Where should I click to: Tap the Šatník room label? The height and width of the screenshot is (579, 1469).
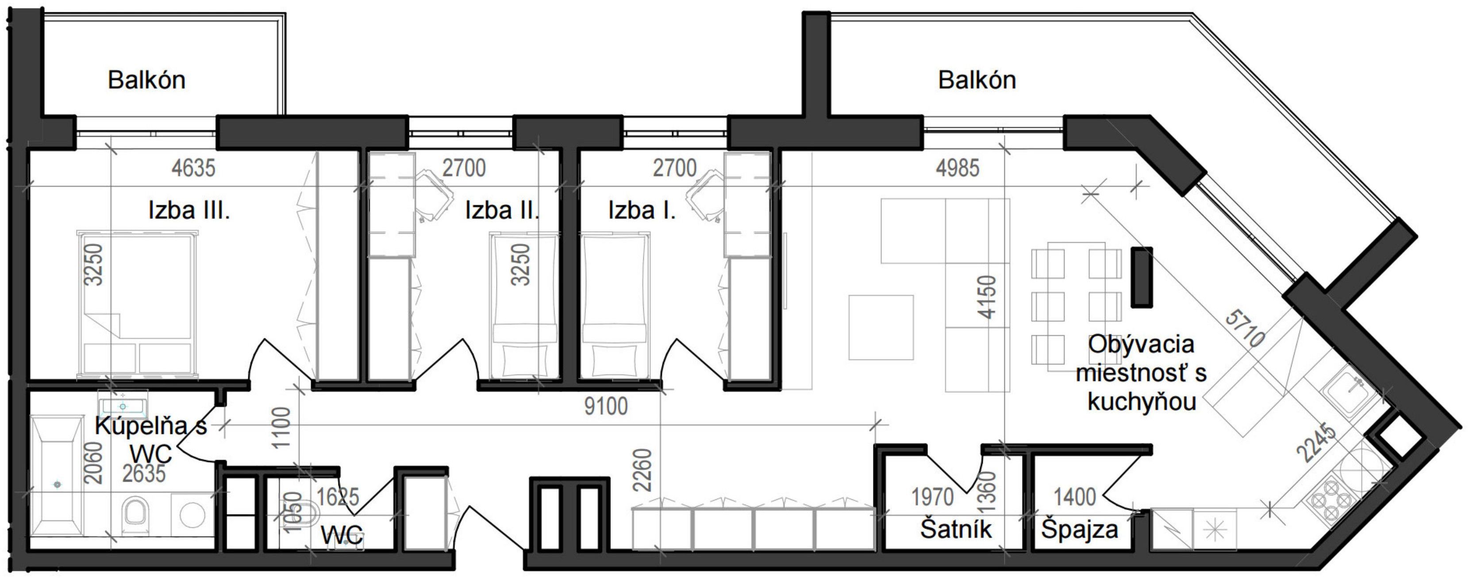click(956, 529)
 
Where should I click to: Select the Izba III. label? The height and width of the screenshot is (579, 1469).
click(189, 211)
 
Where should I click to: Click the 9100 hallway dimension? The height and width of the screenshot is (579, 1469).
click(606, 406)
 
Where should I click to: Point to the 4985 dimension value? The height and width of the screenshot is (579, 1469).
click(958, 168)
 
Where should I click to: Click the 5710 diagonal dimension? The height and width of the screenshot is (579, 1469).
click(1245, 329)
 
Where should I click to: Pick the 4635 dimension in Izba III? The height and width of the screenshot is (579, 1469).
click(193, 168)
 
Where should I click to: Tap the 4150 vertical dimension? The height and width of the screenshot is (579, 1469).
click(987, 297)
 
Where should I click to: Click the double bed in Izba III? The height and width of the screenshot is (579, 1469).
click(137, 305)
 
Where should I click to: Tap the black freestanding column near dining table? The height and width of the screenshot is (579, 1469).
click(1142, 277)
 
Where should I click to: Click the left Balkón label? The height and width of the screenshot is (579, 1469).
click(146, 81)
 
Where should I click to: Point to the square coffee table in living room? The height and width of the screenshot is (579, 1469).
click(881, 327)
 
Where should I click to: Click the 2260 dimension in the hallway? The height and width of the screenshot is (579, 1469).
click(642, 470)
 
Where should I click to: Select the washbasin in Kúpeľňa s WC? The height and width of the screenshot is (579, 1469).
click(123, 406)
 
